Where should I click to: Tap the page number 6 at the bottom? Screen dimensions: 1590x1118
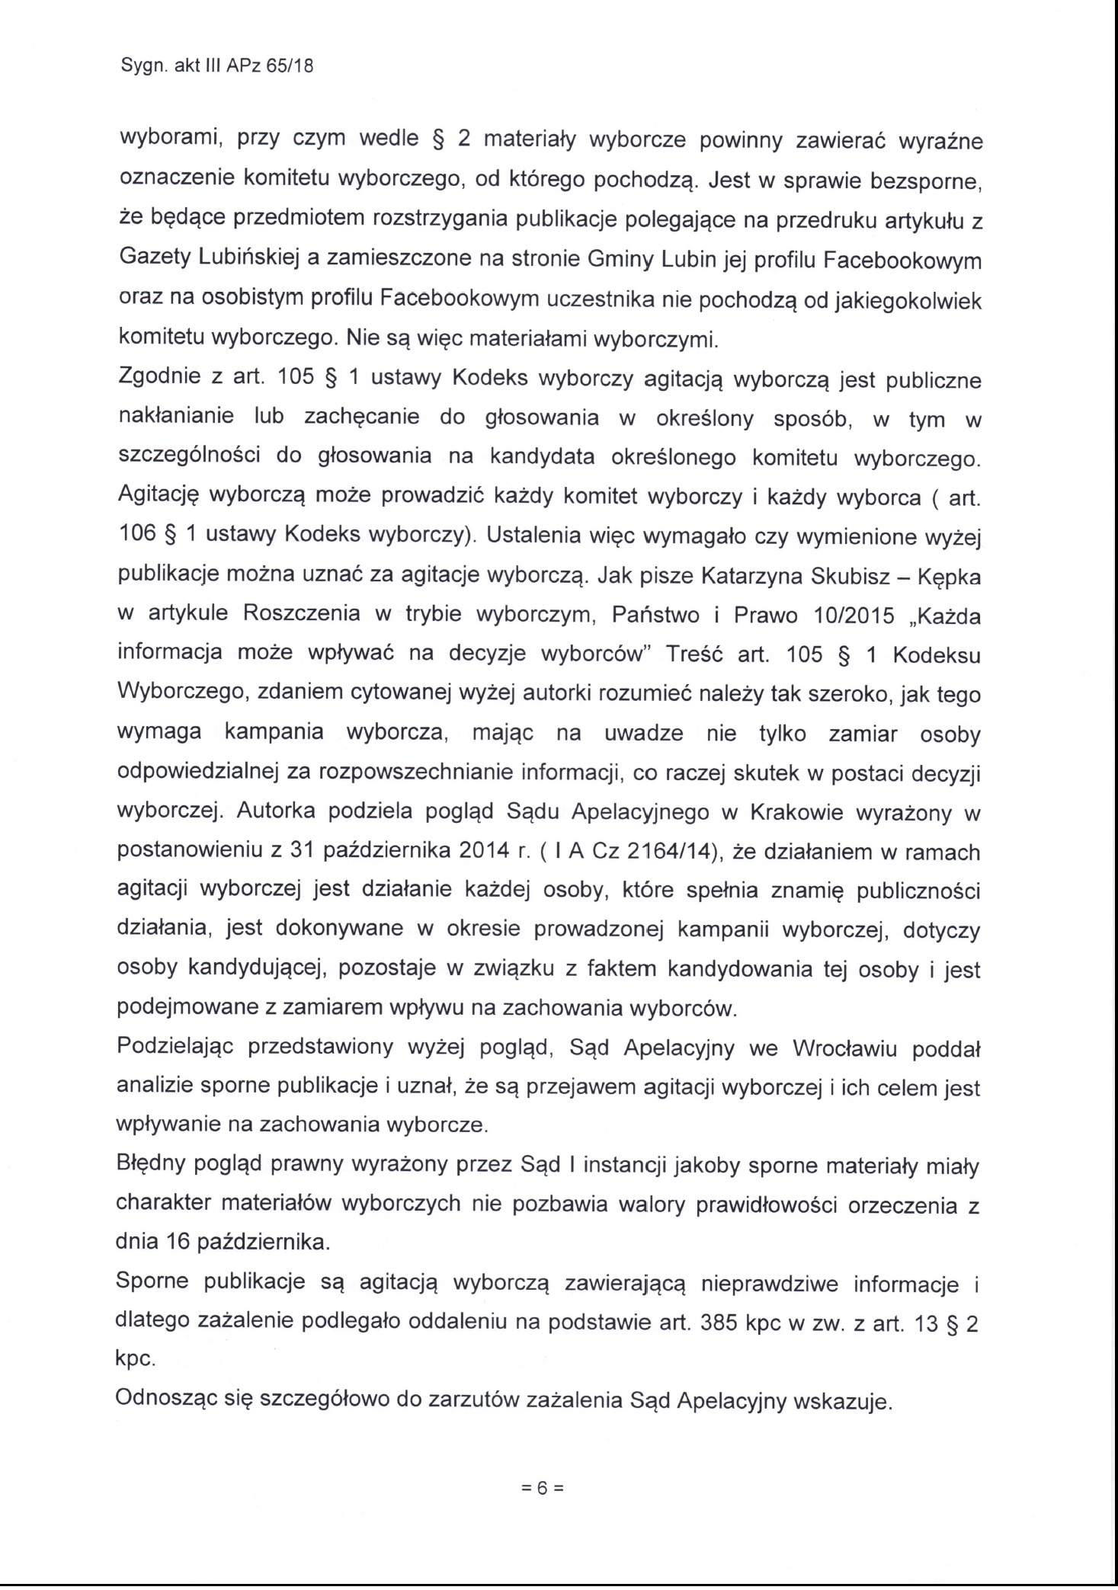[541, 1489]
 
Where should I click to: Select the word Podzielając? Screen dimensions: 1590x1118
[179, 1048]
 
